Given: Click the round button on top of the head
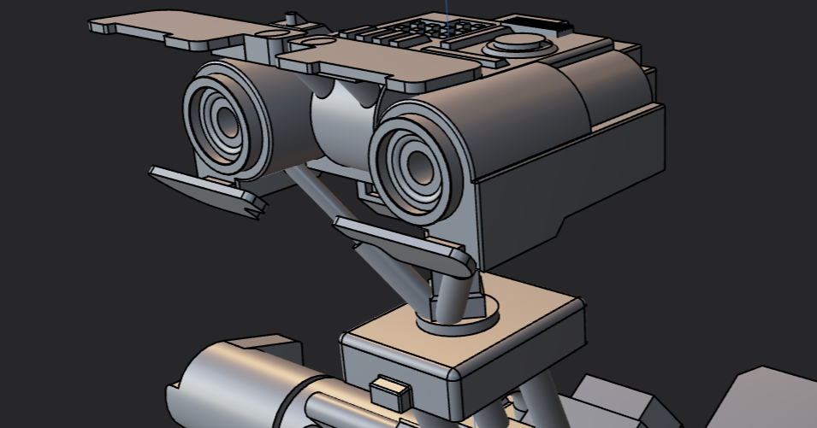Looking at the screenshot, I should [x=517, y=44].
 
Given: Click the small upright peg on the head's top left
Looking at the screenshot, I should [x=293, y=18].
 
